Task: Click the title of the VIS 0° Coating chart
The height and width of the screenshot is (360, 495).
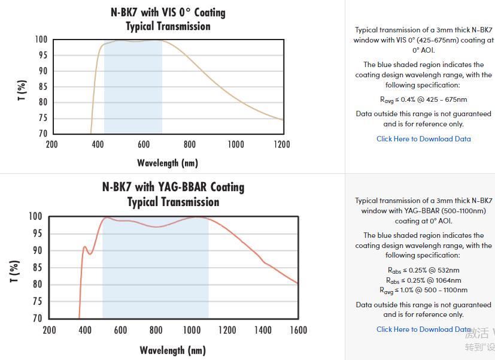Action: click(x=168, y=19)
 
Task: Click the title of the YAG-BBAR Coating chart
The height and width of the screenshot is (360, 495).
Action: click(x=173, y=194)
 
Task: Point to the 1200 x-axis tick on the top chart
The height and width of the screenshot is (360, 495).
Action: click(x=281, y=144)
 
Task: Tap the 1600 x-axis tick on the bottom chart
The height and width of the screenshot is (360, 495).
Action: click(x=298, y=330)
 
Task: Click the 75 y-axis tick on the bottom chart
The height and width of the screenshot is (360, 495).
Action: click(x=37, y=301)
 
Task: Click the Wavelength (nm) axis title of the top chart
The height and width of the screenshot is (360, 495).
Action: click(x=168, y=163)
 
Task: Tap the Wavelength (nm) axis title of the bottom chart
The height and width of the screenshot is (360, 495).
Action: click(x=172, y=350)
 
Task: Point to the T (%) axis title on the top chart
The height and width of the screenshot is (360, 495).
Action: click(x=22, y=90)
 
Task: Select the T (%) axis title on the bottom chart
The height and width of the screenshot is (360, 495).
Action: click(x=15, y=271)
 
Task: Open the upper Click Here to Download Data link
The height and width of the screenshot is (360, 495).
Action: click(x=423, y=139)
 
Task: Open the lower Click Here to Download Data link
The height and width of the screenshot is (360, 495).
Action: click(x=423, y=329)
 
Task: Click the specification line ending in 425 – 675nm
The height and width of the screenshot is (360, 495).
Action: click(x=423, y=99)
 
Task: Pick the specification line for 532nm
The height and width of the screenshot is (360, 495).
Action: click(x=423, y=270)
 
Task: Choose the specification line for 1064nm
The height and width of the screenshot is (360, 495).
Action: click(x=423, y=280)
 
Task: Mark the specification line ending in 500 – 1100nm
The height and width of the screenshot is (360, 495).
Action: click(x=423, y=290)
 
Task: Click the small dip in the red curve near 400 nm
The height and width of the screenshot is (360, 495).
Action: click(x=90, y=254)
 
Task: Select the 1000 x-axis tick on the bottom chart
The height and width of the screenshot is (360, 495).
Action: click(x=192, y=330)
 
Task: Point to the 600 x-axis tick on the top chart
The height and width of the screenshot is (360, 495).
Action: click(x=144, y=144)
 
